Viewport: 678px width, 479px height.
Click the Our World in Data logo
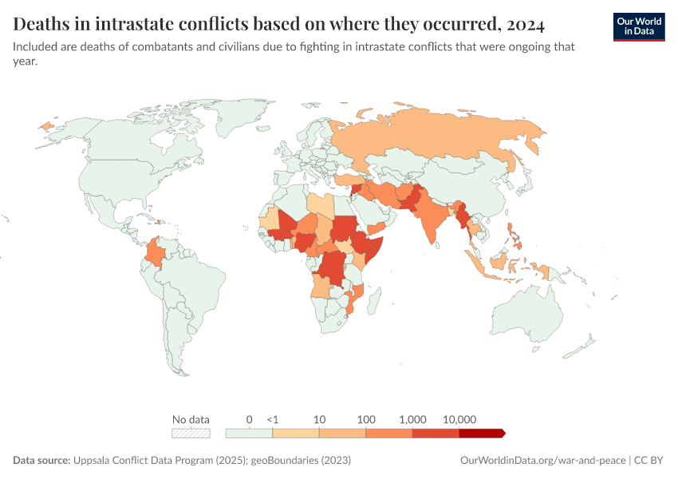point(638,26)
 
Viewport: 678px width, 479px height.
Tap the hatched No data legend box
point(191,433)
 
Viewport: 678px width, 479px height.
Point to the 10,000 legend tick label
point(459,419)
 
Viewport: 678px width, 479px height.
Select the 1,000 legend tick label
point(412,419)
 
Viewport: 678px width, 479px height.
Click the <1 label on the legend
point(272,419)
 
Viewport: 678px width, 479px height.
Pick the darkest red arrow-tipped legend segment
point(482,433)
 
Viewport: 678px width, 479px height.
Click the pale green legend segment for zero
point(249,433)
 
